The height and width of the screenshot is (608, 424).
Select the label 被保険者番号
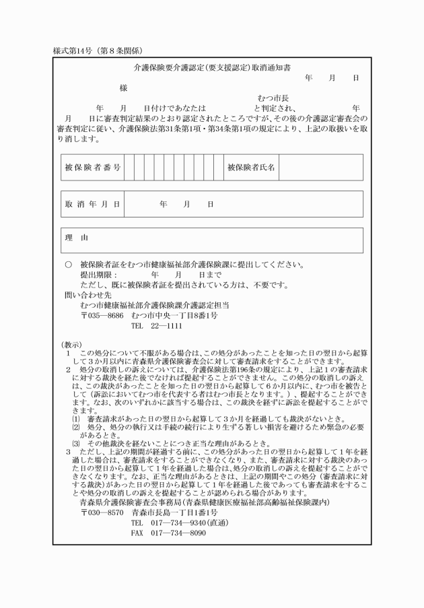pos(92,167)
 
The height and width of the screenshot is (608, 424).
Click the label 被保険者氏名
pos(251,167)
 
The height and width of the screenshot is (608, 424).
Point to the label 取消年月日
pos(92,204)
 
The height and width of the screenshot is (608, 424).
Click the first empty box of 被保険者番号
pos(129,167)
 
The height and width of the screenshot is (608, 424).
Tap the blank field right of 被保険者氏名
pos(320,167)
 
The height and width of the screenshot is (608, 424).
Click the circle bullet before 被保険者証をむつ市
pos(67,265)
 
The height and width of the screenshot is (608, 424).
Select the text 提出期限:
pos(98,275)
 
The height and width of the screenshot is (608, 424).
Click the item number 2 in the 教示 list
pos(68,370)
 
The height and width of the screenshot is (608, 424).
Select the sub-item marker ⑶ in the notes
pos(75,442)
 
